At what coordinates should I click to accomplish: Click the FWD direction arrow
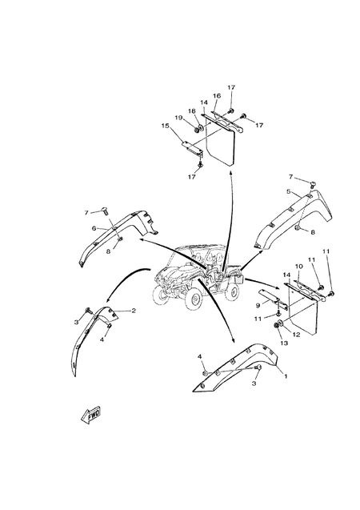tap(91, 415)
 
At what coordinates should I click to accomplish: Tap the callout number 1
tap(286, 376)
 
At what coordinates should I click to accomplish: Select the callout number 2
tap(134, 311)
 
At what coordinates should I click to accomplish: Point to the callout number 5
tap(289, 191)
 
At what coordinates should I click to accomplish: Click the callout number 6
tap(94, 228)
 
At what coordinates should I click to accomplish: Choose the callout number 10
tap(299, 267)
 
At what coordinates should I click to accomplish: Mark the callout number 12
tap(296, 334)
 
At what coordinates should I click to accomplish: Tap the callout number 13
tap(284, 343)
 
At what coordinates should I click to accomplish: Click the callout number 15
tap(166, 126)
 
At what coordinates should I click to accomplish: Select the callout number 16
tap(217, 95)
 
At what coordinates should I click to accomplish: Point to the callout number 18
tap(191, 111)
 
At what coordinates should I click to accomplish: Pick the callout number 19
tap(178, 118)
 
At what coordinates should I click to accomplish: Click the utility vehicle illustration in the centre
tap(198, 276)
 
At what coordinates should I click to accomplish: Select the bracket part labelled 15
tap(192, 147)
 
